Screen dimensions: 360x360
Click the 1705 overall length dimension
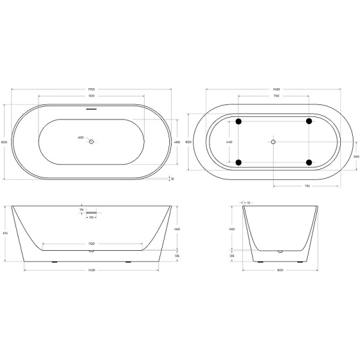pyautogui.click(x=92, y=89)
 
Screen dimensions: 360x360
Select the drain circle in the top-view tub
pyautogui.click(x=92, y=142)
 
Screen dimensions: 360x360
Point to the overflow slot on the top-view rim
pyautogui.click(x=92, y=109)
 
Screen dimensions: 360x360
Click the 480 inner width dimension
pyautogui.click(x=177, y=142)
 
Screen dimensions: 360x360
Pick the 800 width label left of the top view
pyautogui.click(x=5, y=142)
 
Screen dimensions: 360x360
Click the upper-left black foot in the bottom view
pyautogui.click(x=239, y=121)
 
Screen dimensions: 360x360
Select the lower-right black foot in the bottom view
pyautogui.click(x=310, y=162)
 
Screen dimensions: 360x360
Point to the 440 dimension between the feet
pyautogui.click(x=229, y=142)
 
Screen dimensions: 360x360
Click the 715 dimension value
pyautogui.click(x=307, y=187)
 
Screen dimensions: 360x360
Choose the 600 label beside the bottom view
pyautogui.click(x=188, y=142)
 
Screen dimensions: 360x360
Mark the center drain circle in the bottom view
pyautogui.click(x=274, y=142)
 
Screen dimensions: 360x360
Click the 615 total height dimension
pyautogui.click(x=5, y=233)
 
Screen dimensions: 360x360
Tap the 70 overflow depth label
pyautogui.click(x=82, y=209)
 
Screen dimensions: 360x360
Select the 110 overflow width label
pyautogui.click(x=92, y=217)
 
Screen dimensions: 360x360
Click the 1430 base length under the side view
pyautogui.click(x=92, y=269)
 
